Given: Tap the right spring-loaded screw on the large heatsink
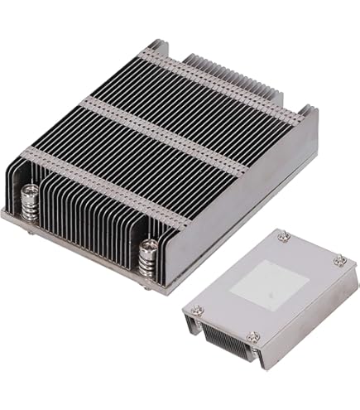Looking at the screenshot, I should (x=150, y=256).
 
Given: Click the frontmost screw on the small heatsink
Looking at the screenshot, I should (x=254, y=336).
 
